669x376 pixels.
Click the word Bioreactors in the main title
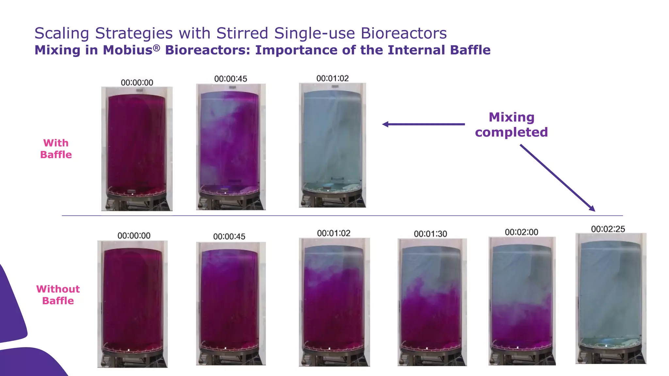(403, 33)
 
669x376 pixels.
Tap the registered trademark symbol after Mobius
(157, 48)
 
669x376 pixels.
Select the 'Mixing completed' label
(511, 125)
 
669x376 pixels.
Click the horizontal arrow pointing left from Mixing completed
(423, 124)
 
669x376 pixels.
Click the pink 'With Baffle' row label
(56, 149)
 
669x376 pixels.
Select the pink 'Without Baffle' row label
(58, 295)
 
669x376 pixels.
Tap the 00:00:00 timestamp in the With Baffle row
(137, 83)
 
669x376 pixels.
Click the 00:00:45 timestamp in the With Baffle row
(231, 79)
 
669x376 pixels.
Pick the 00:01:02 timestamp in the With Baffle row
(333, 78)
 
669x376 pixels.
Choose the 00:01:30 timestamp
(430, 234)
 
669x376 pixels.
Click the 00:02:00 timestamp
(521, 232)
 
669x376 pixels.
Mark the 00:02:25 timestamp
(608, 229)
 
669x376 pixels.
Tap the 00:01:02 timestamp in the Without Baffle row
(334, 233)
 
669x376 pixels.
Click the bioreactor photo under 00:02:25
(611, 298)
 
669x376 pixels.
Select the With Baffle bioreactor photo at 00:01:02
(332, 145)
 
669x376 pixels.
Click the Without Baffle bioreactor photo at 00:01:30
(432, 302)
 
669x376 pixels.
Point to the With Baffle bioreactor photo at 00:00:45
(231, 147)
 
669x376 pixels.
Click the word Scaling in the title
(61, 33)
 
